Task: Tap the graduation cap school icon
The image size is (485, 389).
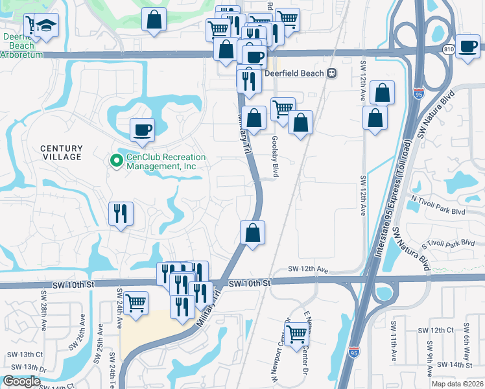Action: pos(46,25)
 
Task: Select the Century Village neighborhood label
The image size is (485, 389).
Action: pos(62,152)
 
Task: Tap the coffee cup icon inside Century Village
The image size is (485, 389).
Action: pos(143,130)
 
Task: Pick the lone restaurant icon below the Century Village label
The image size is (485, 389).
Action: pos(121,213)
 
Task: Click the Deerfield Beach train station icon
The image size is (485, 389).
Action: pos(332,73)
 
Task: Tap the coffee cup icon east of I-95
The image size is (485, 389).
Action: pos(467,46)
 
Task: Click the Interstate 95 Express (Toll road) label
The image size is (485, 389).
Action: pos(392,194)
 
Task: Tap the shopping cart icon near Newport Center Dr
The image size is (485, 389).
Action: pos(297,334)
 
